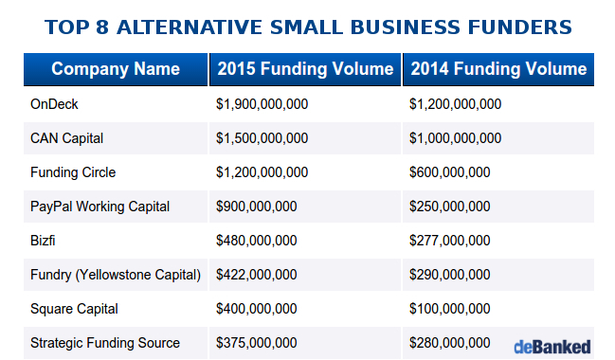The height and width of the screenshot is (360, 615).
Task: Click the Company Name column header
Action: [x=116, y=69]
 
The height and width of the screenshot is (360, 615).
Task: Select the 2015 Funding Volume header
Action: [x=305, y=69]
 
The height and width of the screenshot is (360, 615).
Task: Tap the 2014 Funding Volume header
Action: [x=498, y=69]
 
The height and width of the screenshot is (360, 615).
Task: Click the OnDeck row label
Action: [x=54, y=104]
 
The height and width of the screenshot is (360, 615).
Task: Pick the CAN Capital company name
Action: [x=66, y=138]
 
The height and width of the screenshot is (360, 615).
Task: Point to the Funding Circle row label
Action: [x=73, y=172]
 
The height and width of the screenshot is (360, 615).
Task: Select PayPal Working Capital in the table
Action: [x=99, y=207]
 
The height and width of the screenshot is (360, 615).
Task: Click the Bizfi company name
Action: [x=44, y=241]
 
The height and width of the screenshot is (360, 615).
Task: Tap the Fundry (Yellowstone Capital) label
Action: [x=116, y=275]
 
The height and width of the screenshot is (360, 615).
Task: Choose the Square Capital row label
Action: [x=75, y=309]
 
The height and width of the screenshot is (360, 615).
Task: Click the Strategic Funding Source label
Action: [x=105, y=343]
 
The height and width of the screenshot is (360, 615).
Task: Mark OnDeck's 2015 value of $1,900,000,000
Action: [x=262, y=104]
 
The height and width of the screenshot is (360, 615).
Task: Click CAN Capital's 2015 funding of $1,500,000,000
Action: [x=262, y=138]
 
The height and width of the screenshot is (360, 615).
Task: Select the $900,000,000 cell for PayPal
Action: [x=257, y=207]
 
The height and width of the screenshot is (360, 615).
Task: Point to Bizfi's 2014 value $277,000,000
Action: [x=449, y=241]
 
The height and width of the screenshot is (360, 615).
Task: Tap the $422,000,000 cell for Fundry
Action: [x=257, y=275]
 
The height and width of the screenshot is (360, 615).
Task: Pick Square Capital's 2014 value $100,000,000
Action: [x=449, y=309]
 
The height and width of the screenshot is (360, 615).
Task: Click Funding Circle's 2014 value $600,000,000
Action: [x=449, y=172]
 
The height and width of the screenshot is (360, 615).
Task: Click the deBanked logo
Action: [x=552, y=346]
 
